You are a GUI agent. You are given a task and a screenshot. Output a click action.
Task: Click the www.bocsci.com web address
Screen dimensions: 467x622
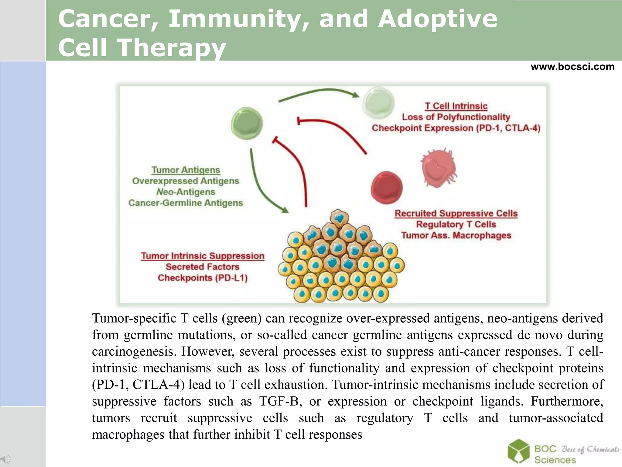point(572,67)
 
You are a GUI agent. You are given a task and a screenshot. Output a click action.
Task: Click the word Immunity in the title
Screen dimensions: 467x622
point(238,19)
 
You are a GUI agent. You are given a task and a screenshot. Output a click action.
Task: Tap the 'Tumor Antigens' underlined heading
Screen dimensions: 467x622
point(186,170)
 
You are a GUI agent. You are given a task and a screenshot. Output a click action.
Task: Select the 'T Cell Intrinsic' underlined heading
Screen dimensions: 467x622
point(456,106)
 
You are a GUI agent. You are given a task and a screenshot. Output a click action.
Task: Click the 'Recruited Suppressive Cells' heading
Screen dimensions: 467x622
point(456,213)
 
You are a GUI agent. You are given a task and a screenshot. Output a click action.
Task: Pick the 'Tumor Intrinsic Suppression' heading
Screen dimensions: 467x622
point(203,256)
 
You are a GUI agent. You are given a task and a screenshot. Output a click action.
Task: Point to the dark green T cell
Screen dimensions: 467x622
point(247,123)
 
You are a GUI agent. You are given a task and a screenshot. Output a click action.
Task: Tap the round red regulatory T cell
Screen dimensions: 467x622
point(387,187)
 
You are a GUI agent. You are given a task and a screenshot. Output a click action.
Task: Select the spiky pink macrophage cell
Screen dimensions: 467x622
point(439,168)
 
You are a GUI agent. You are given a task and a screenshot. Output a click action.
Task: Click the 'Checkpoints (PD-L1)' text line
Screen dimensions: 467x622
point(203,278)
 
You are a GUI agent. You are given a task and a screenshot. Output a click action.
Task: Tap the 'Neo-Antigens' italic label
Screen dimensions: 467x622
point(186,192)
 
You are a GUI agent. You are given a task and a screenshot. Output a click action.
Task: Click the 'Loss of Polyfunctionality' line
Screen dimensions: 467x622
point(456,117)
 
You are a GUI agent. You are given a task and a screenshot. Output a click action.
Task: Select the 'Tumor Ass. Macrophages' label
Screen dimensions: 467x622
point(456,235)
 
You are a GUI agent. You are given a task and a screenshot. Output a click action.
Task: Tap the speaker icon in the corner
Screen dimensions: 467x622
point(5,459)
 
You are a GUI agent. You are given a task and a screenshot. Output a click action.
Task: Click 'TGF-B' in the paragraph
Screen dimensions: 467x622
point(280,401)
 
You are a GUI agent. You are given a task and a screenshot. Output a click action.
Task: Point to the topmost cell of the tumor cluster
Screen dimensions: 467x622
point(339,218)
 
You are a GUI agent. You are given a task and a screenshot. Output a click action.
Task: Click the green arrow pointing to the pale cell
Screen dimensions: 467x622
point(319,92)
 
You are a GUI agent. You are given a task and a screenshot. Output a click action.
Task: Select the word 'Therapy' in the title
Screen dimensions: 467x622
point(172,48)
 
